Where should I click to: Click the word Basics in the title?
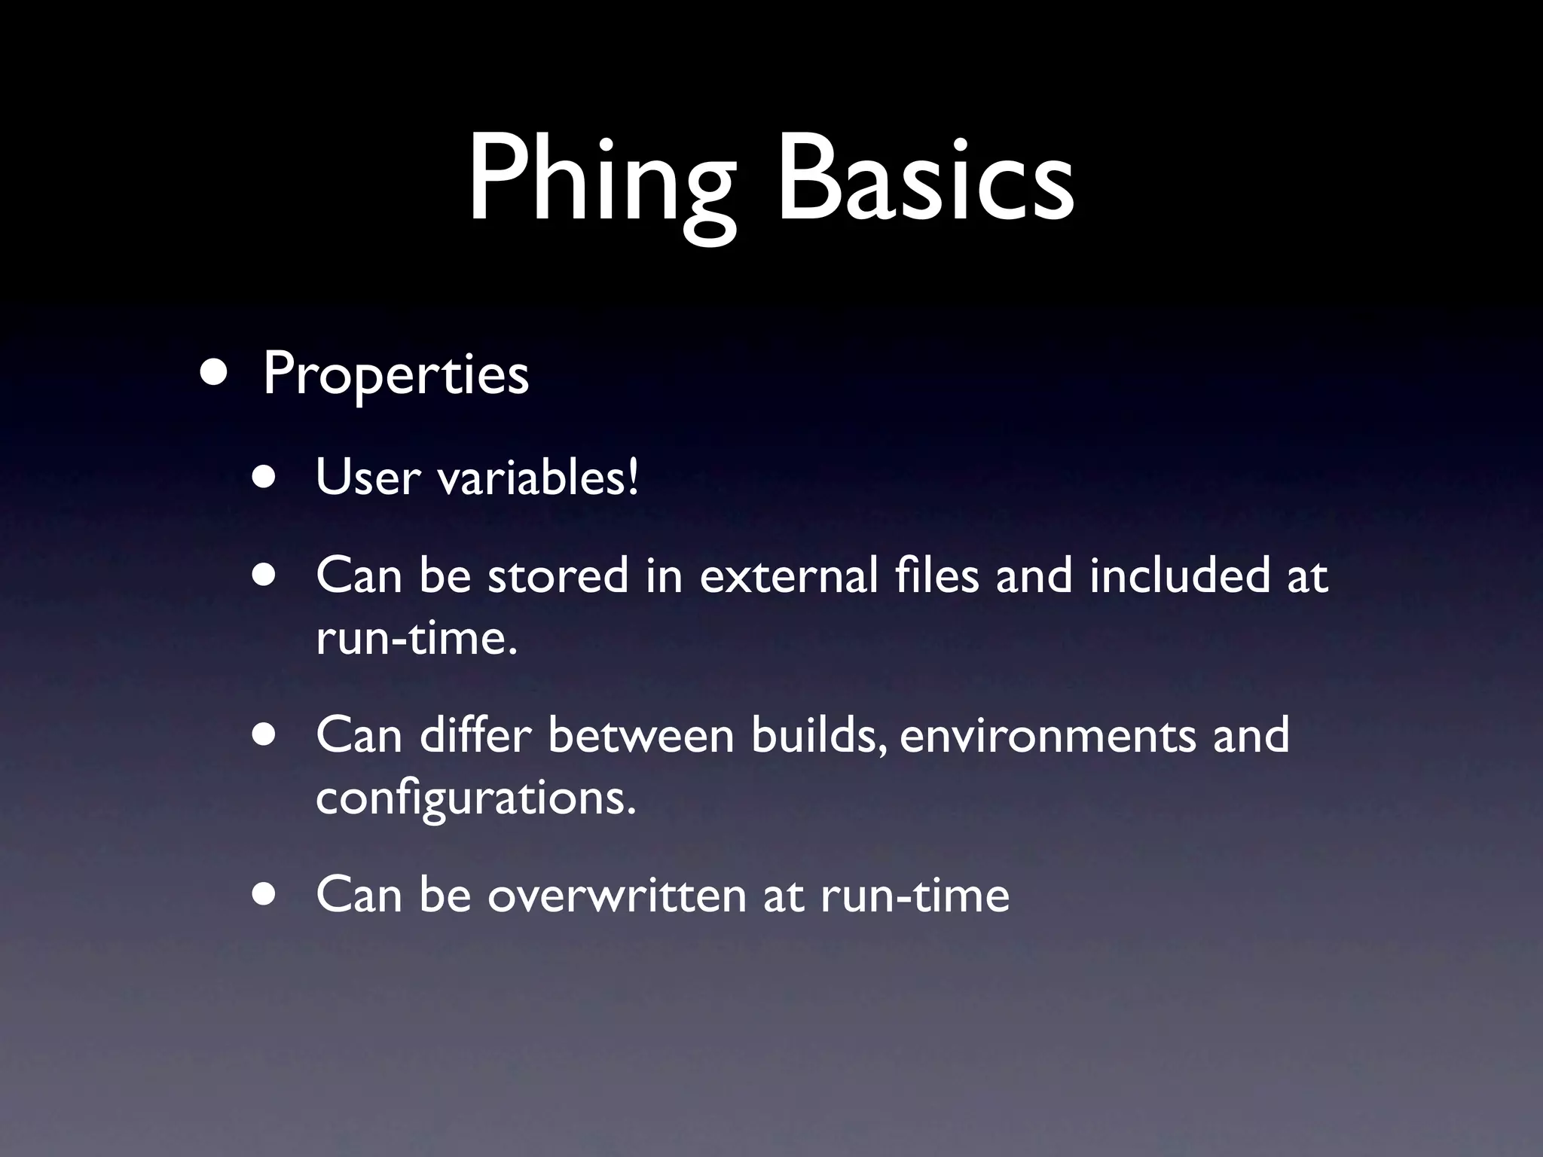(925, 181)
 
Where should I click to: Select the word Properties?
(396, 374)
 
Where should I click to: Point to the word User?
(368, 478)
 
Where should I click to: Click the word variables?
(538, 478)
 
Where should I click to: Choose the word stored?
(558, 575)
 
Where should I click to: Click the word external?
(788, 575)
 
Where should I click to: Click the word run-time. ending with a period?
(417, 639)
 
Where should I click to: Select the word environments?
(1047, 736)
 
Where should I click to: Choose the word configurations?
(475, 798)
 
